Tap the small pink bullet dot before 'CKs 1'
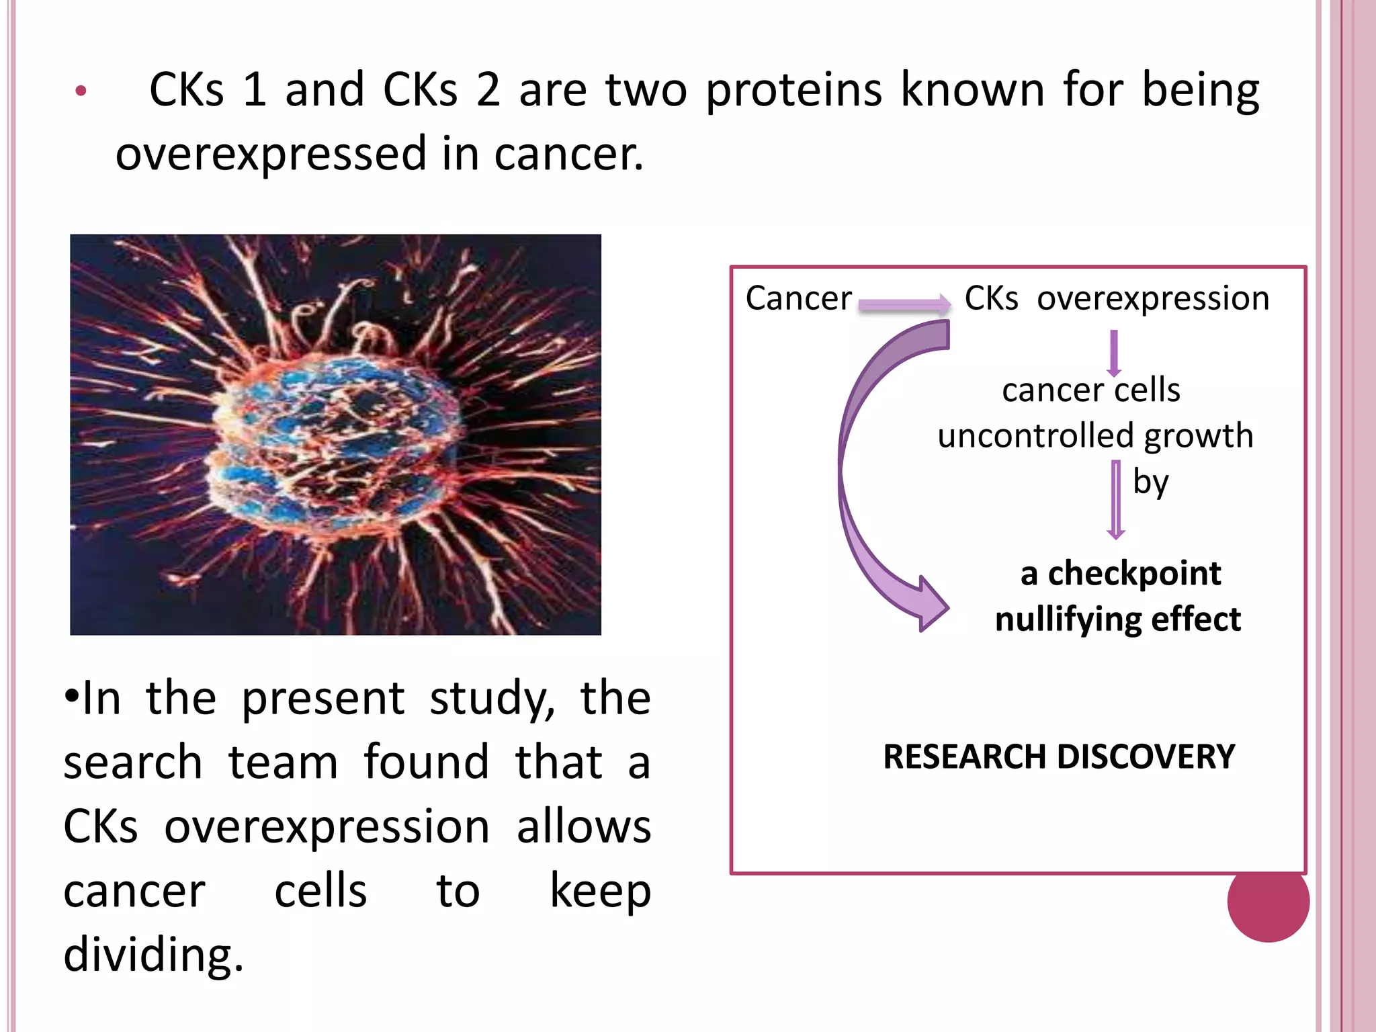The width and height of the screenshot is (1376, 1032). pyautogui.click(x=81, y=91)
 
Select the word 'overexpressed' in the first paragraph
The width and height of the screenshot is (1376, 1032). pyautogui.click(x=271, y=154)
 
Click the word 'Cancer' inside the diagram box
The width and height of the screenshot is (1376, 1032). pyautogui.click(x=798, y=298)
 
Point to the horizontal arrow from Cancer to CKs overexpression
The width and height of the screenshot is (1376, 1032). pyautogui.click(x=904, y=305)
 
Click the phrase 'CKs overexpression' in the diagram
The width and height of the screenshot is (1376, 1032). pyautogui.click(x=1117, y=298)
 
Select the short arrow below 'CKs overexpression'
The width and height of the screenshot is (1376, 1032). pyautogui.click(x=1114, y=352)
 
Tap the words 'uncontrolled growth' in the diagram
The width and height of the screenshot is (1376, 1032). pyautogui.click(x=1095, y=435)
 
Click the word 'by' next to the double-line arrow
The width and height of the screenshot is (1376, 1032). pyautogui.click(x=1150, y=482)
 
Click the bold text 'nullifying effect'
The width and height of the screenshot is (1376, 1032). pyautogui.click(x=1117, y=619)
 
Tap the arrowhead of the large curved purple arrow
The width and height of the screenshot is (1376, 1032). pyautogui.click(x=931, y=605)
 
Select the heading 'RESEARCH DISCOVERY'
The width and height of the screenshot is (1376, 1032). pyautogui.click(x=1059, y=757)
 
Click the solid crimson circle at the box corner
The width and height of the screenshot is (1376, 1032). pyautogui.click(x=1268, y=901)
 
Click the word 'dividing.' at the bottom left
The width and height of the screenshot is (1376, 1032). pyautogui.click(x=153, y=955)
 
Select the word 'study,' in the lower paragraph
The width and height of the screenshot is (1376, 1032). pyautogui.click(x=492, y=699)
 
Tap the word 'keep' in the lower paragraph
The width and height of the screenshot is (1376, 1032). pyautogui.click(x=600, y=892)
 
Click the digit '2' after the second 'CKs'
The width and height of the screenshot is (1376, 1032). pyautogui.click(x=488, y=91)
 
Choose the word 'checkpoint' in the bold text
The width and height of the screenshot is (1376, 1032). pyautogui.click(x=1134, y=574)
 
